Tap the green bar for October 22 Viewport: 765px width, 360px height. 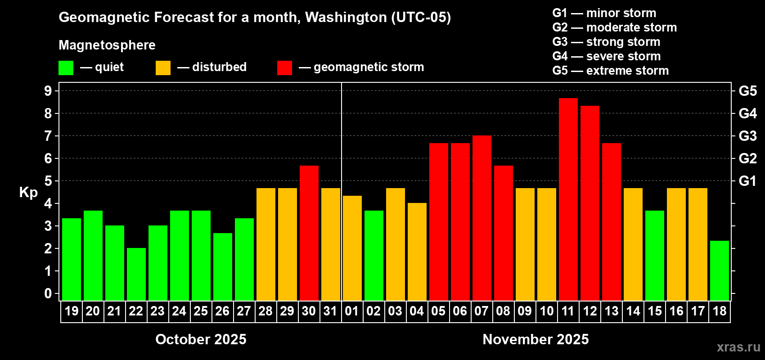point(136,274)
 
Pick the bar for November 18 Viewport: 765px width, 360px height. point(719,270)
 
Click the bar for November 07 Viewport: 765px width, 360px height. point(481,218)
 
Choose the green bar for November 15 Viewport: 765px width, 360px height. point(654,255)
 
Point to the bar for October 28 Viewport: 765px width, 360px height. point(265,244)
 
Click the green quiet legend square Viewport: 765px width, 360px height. point(66,68)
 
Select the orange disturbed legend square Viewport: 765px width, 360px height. point(163,68)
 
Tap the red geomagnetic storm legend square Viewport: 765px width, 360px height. point(284,68)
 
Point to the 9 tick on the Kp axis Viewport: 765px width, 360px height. point(48,91)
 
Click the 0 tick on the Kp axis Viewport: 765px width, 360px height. point(48,293)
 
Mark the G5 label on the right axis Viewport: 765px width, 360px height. point(747,91)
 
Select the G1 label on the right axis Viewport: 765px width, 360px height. point(747,181)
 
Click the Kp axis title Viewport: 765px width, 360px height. point(28,192)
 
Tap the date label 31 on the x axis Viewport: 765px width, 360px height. point(330,311)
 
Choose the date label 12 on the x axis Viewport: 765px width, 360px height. point(589,311)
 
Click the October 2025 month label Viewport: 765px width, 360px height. point(201,339)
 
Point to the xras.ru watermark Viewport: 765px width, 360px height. point(738,347)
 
